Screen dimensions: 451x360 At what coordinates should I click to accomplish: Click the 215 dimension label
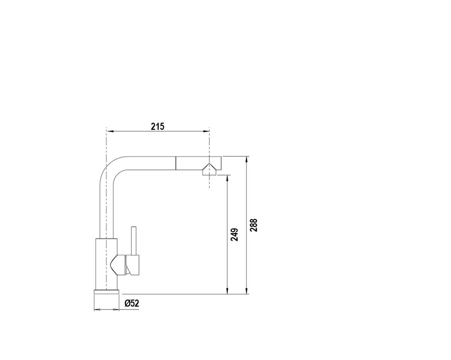coord(158,126)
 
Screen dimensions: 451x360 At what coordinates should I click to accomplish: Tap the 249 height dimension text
coord(235,235)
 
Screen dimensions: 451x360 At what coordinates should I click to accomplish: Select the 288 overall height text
coord(253,225)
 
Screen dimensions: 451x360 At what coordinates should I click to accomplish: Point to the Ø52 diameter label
coord(132,303)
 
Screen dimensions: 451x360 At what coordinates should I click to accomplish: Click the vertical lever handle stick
coord(133,241)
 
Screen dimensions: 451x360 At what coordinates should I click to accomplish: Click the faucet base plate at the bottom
coord(106,292)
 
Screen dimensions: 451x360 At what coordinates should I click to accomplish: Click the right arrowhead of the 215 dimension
coord(206,131)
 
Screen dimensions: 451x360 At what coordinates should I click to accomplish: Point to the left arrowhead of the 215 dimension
coord(110,131)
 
